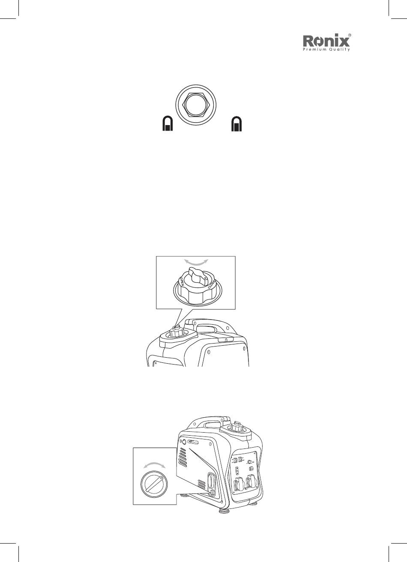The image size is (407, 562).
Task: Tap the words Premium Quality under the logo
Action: coord(326,49)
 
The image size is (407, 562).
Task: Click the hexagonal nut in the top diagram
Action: coord(196,105)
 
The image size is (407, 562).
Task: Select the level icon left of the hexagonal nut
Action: coord(167,123)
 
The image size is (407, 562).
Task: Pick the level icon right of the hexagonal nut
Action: coord(236,123)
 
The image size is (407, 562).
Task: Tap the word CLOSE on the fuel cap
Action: coord(211,284)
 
